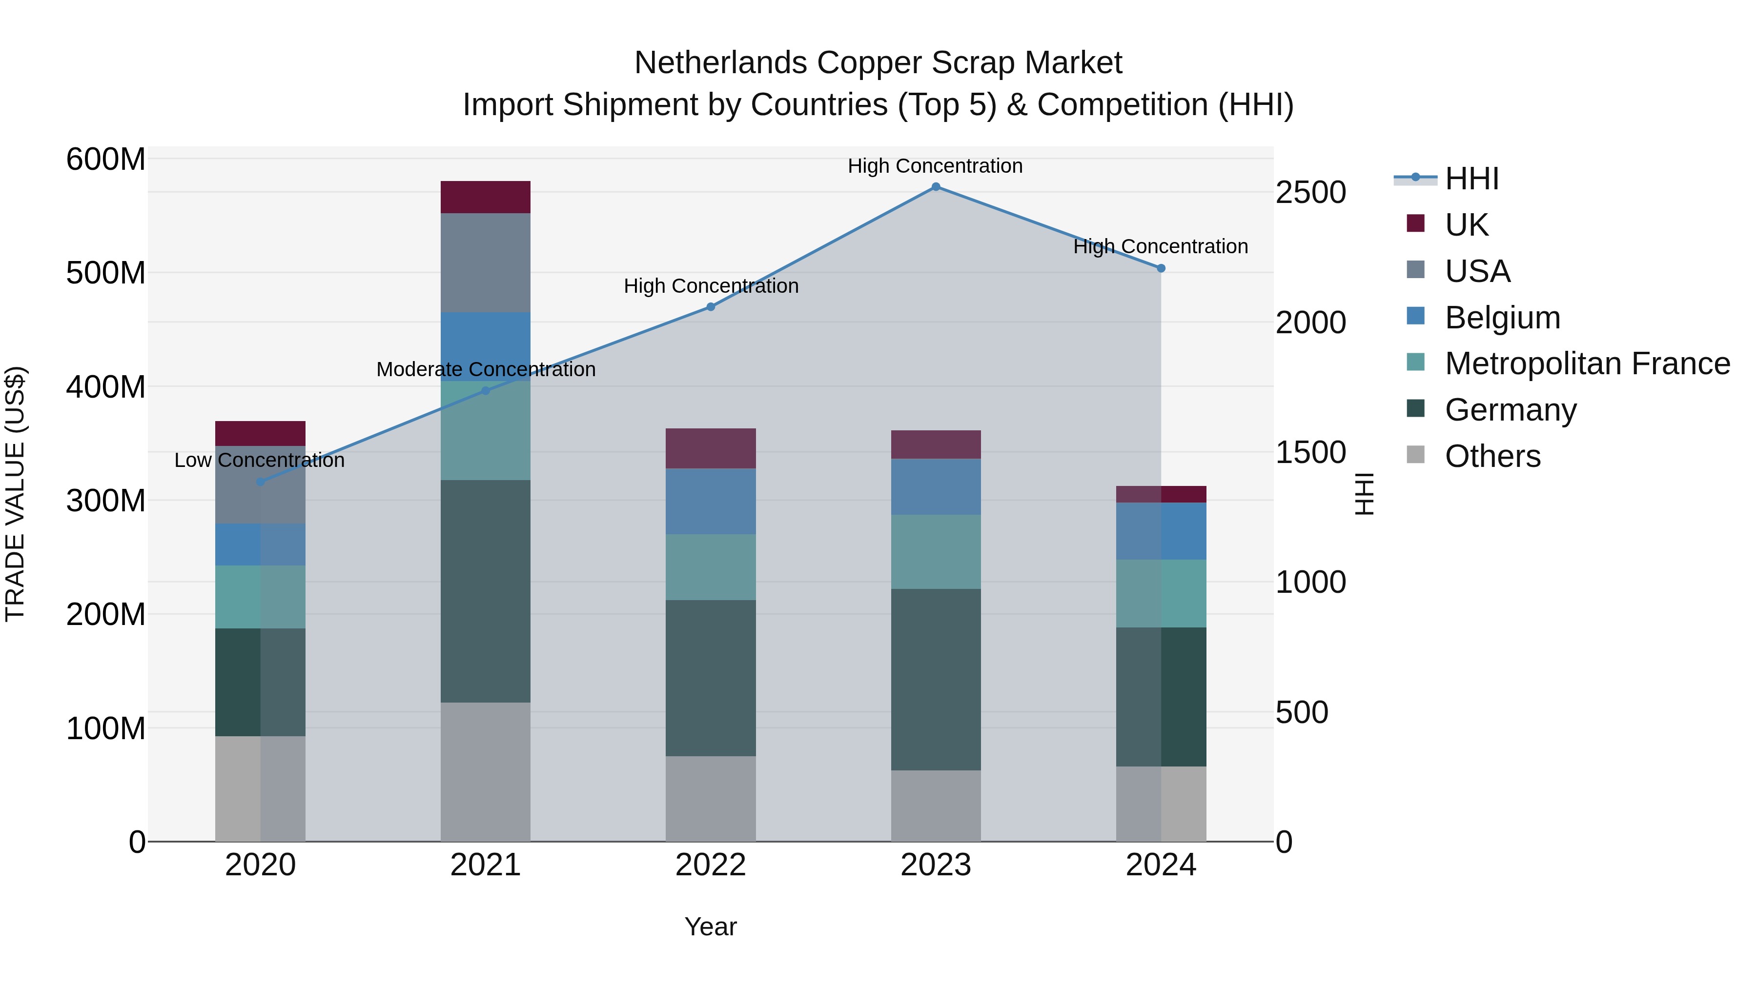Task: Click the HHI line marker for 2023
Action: point(936,187)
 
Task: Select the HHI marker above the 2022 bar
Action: point(711,307)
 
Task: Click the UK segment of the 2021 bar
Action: point(485,197)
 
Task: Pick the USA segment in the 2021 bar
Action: point(485,262)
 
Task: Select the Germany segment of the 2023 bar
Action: point(936,680)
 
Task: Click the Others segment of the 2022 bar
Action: point(711,798)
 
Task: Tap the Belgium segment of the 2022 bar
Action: point(711,501)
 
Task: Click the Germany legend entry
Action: point(1510,410)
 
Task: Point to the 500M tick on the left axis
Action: point(106,273)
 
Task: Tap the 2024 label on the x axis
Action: point(1161,865)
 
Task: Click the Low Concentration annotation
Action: point(259,460)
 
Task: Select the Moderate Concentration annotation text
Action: point(486,369)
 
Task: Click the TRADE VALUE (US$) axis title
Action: point(15,494)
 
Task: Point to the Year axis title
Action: point(711,927)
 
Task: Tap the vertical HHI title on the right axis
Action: point(1364,494)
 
